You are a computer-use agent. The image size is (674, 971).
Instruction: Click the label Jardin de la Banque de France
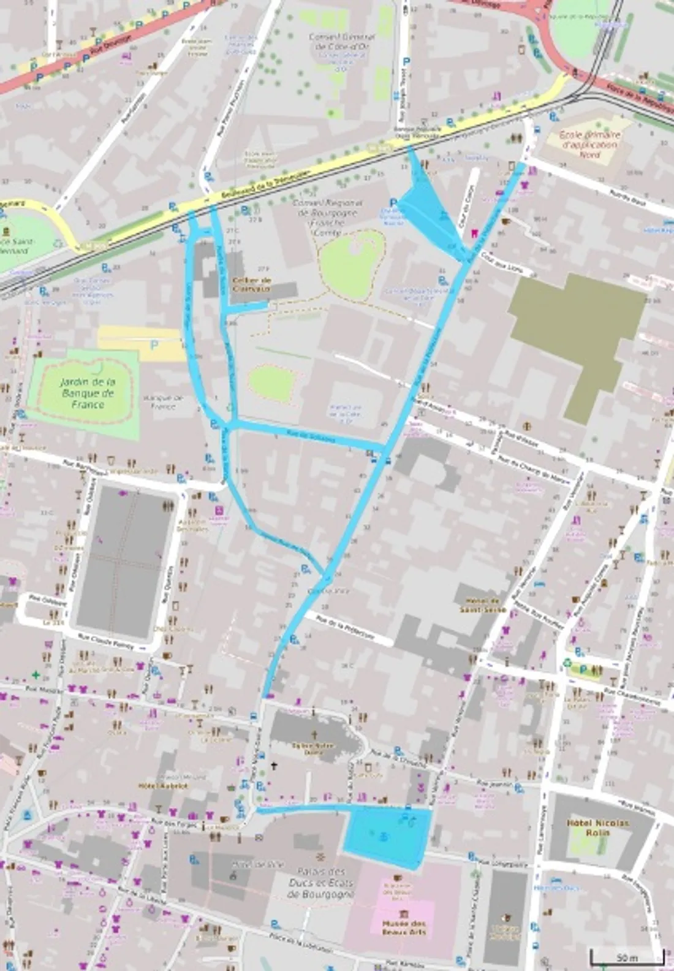[x=87, y=393]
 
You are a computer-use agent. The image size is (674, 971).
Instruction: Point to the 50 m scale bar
[x=627, y=956]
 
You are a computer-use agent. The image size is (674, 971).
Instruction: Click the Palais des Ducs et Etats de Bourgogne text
[x=320, y=882]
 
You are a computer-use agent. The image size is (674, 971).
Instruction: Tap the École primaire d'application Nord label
[x=589, y=145]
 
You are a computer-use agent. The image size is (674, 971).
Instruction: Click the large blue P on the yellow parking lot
[x=154, y=346]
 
